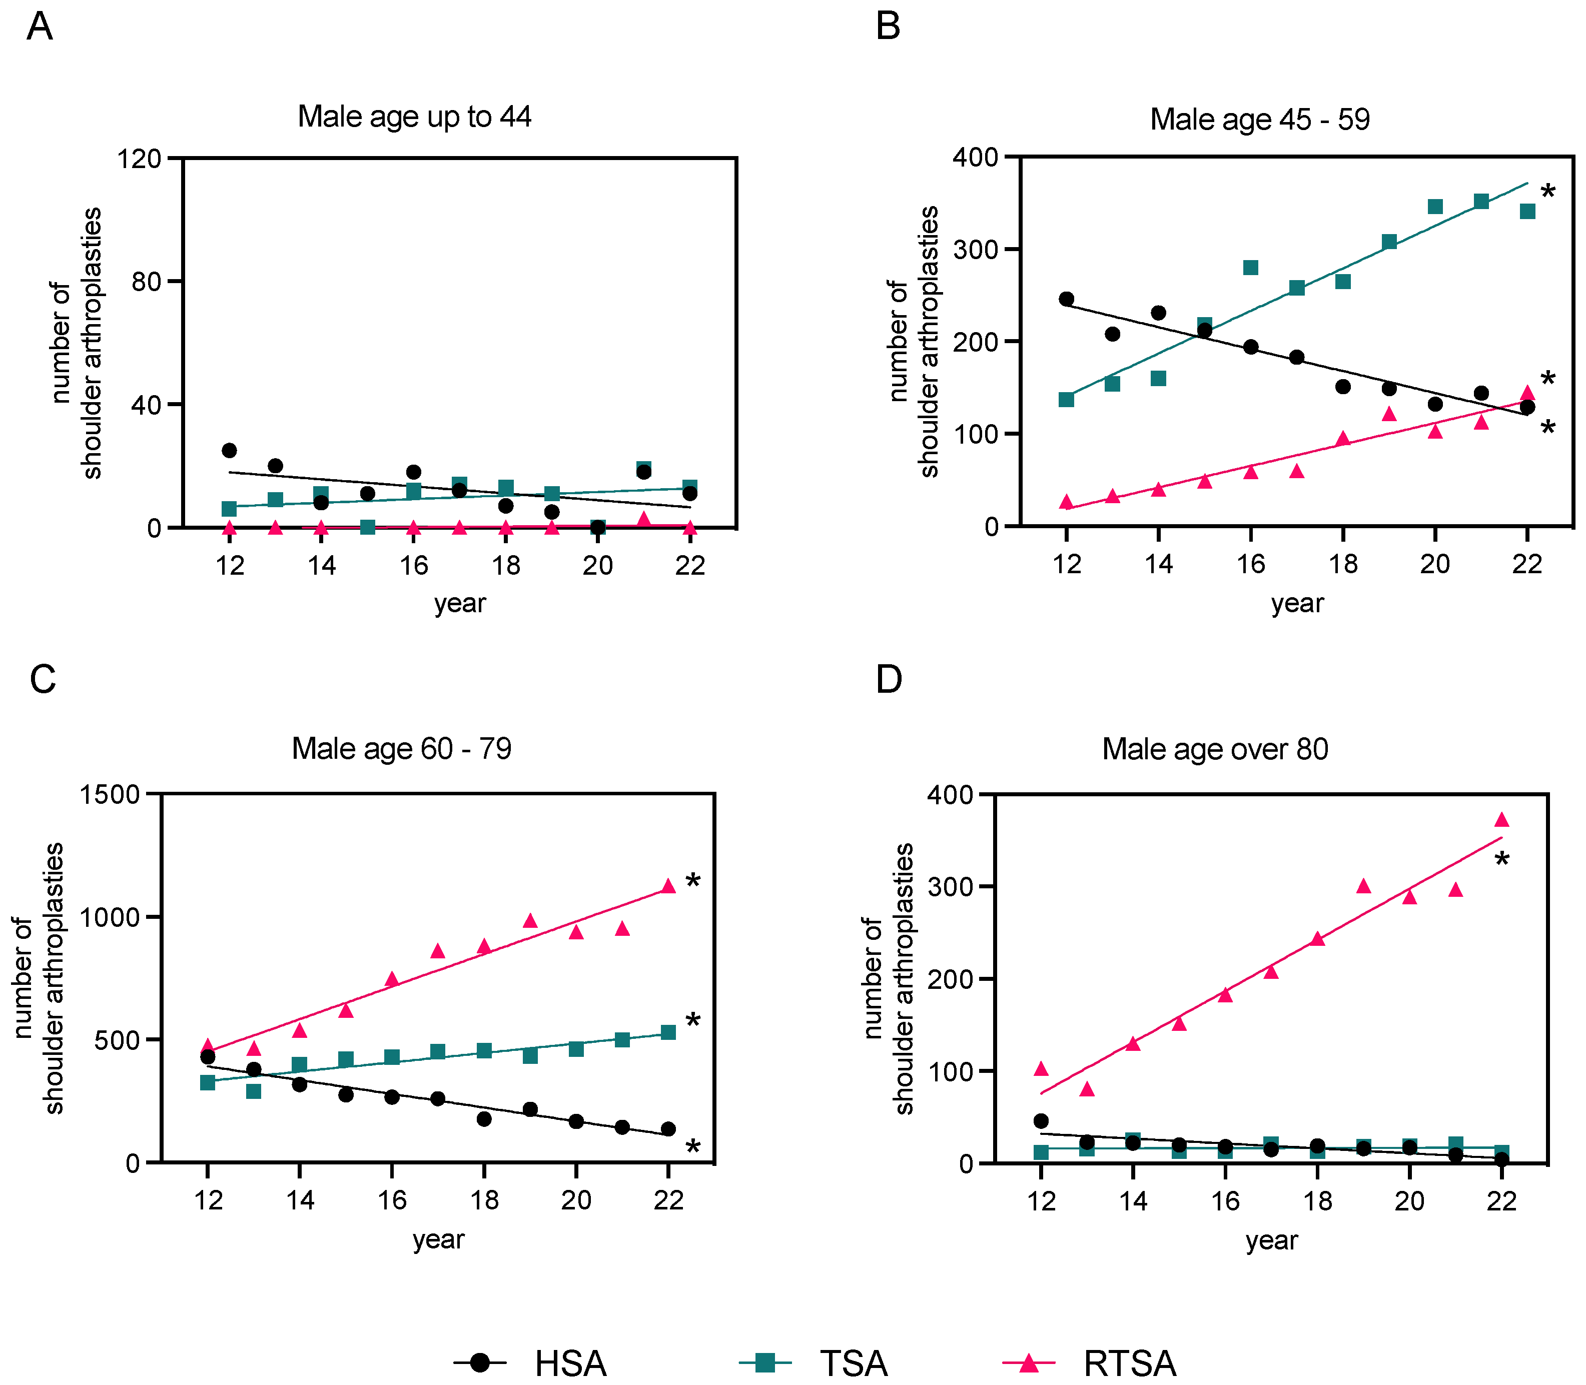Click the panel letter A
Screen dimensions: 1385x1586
point(40,27)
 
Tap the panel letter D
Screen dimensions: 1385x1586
point(889,679)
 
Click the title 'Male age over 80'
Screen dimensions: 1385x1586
point(1215,749)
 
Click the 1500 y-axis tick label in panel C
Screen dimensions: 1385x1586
point(109,794)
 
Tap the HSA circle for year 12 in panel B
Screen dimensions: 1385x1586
point(1067,299)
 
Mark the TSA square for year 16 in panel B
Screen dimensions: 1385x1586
point(1251,268)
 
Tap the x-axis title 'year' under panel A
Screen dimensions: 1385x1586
point(460,603)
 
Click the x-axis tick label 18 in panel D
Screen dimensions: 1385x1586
point(1318,1201)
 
